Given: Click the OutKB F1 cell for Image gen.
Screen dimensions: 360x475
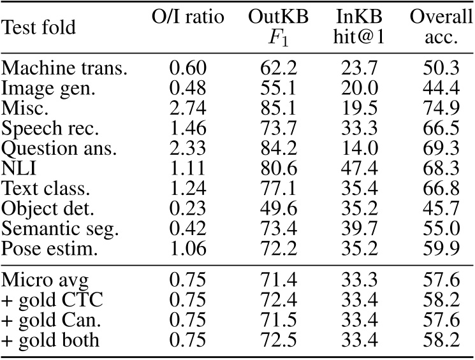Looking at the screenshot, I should pos(278,90).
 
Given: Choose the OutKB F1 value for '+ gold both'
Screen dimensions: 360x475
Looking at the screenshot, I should pos(278,340).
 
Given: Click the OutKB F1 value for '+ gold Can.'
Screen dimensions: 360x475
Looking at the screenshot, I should pos(278,320).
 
